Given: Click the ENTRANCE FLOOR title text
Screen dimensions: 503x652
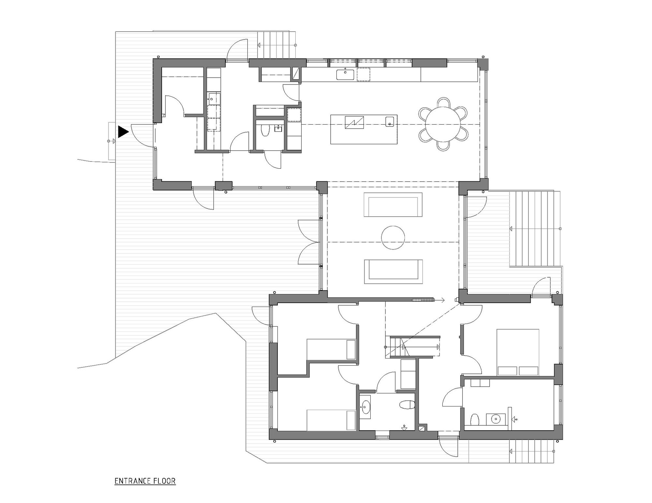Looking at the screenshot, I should coord(145,481).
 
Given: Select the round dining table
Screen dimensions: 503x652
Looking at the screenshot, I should coord(443,124).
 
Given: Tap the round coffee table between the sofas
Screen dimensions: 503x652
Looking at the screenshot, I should coord(393,238).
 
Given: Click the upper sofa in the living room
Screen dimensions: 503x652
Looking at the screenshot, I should coord(393,205).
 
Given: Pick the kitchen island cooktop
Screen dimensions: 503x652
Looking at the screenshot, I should coord(354,122).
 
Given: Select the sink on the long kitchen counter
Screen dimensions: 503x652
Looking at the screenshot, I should coord(345,75).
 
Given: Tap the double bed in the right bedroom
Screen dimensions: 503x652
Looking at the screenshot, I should coord(517,352).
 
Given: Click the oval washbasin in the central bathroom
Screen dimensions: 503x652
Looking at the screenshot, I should coord(365,407).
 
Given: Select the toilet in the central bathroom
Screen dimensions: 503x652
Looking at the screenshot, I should coord(407,405).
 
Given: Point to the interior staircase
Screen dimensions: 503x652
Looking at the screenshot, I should coord(412,347).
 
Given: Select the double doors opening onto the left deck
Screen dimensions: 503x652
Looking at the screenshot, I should coord(308,242).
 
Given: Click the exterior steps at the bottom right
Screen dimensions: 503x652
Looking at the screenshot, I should coord(531,451).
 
